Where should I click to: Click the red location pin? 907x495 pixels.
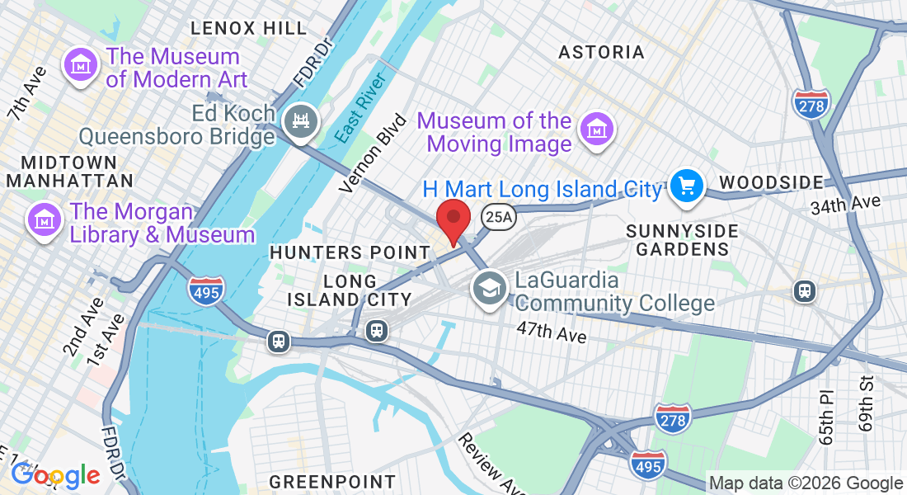453,221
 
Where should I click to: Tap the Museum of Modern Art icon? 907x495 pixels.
81,66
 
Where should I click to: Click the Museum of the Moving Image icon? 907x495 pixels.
595,129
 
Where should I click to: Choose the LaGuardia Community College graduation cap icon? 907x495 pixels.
490,288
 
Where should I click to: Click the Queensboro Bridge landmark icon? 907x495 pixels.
300,123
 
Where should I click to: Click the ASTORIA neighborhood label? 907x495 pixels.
601,53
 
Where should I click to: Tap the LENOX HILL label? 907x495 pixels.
248,28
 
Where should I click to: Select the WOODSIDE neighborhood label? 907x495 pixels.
771,182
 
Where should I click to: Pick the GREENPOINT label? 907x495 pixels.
332,481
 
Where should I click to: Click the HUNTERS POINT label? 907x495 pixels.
350,252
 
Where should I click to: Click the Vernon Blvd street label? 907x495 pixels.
374,153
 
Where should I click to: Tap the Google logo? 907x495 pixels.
55,475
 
